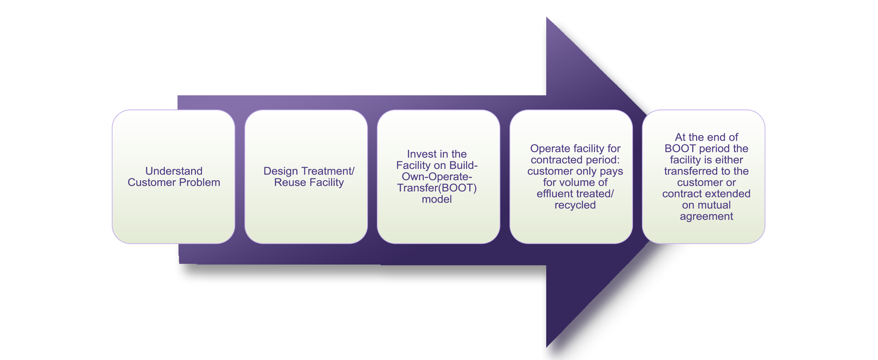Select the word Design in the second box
pos(280,171)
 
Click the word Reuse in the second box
pos(290,182)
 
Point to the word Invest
pos(422,154)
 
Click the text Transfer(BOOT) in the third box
pos(437,188)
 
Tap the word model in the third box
pos(437,199)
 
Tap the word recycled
pos(575,205)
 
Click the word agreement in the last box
pos(706,216)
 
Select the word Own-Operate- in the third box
pos(437,177)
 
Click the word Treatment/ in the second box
pos(328,171)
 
